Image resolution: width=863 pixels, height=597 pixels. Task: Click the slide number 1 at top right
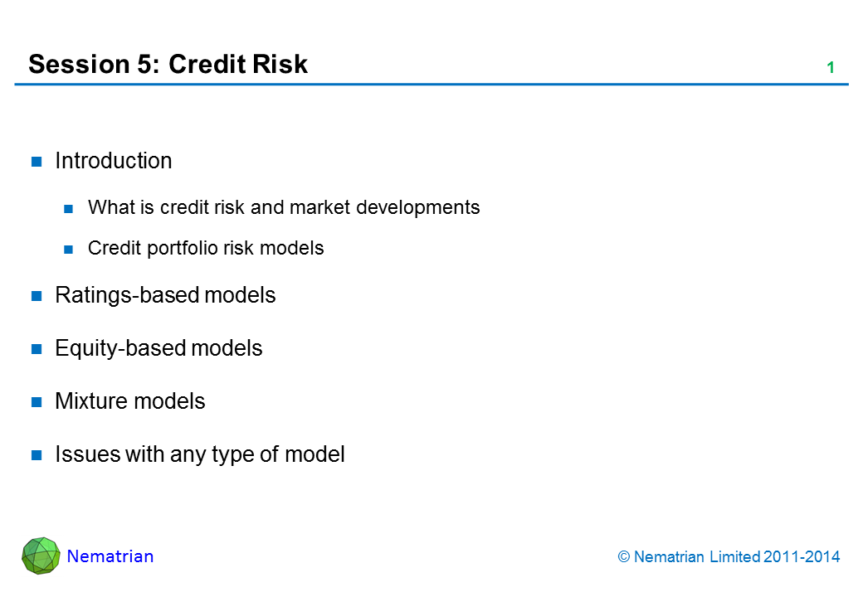pos(831,68)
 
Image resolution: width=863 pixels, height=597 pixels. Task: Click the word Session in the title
pos(79,65)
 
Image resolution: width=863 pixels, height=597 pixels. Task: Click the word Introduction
pos(114,161)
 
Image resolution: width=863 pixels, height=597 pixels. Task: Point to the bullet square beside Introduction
pos(37,162)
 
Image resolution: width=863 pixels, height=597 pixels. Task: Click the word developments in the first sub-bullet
pos(417,208)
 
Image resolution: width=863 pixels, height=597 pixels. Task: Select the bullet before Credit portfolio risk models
pos(69,250)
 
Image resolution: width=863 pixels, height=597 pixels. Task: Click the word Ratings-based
pos(127,296)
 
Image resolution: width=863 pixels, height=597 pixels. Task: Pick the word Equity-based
pos(120,348)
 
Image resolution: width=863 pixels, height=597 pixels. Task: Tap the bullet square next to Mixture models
pos(37,402)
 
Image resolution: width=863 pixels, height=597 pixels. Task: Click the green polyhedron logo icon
pos(41,556)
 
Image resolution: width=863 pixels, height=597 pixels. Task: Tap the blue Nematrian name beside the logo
pos(110,556)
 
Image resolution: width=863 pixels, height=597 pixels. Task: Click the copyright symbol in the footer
pos(623,557)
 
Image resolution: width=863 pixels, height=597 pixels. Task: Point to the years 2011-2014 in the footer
pos(802,557)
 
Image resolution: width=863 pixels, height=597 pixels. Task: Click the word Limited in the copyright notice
pos(734,557)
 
